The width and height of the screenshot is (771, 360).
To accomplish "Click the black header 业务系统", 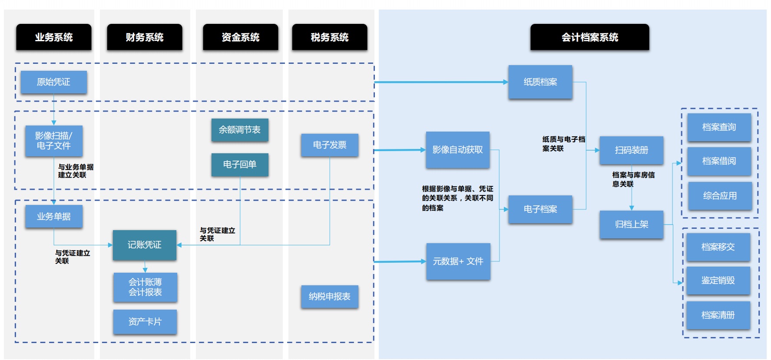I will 54,37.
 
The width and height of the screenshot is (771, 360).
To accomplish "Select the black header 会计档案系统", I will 589,37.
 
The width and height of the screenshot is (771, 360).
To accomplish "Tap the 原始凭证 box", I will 53,82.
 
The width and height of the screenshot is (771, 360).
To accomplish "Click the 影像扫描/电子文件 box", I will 53,141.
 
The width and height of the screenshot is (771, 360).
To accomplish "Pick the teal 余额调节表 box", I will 240,130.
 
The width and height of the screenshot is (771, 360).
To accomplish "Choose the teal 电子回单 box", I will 240,165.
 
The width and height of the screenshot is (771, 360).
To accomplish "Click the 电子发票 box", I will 330,145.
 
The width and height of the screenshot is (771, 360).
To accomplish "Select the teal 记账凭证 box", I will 145,245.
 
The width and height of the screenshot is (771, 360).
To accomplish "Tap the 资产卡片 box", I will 145,322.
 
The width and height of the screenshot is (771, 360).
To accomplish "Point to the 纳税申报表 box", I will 330,297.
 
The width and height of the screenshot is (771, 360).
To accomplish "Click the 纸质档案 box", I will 540,82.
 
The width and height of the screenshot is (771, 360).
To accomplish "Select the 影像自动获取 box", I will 458,150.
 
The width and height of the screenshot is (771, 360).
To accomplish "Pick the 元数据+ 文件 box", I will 458,261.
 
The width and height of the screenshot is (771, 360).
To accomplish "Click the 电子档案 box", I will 540,209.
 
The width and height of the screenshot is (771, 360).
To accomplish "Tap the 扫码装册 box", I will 632,150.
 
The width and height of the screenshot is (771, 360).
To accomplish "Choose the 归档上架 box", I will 632,225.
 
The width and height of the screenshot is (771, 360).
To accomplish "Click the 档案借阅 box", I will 719,161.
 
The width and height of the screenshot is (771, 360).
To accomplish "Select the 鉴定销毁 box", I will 718,281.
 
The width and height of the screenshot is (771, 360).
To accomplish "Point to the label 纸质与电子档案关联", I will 563,144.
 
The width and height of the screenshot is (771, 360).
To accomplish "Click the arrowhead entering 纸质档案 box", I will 506,82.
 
